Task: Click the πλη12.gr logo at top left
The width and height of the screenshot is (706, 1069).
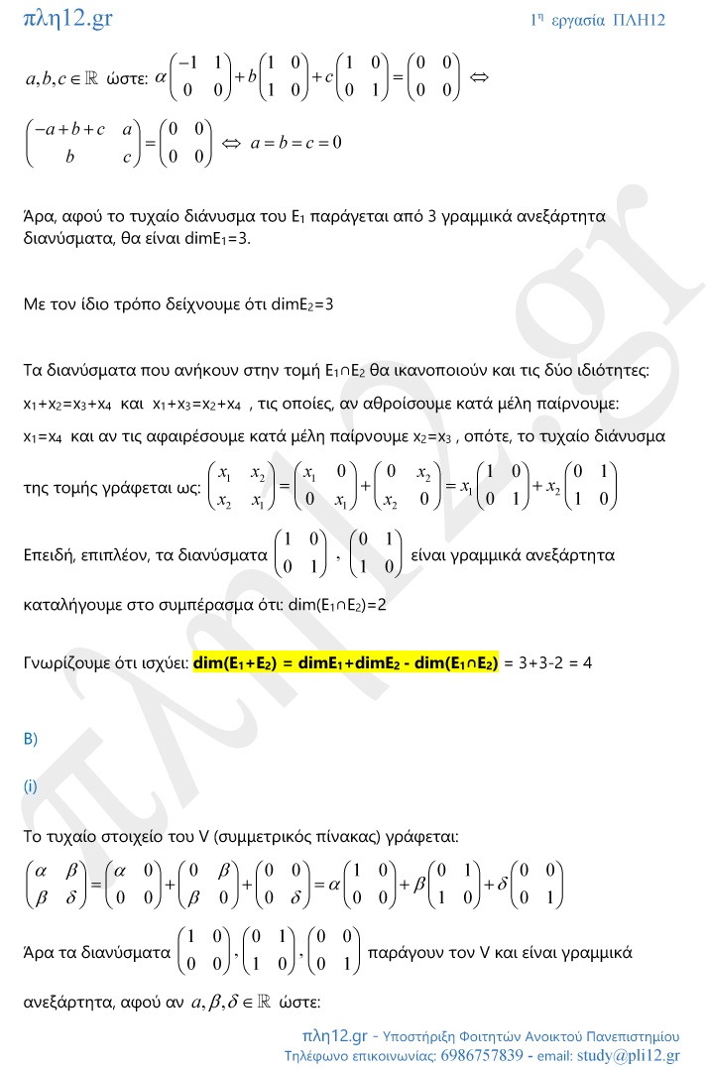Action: (67, 19)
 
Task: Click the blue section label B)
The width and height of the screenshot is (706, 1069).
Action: (30, 739)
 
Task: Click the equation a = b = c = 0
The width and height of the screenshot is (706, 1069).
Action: (294, 143)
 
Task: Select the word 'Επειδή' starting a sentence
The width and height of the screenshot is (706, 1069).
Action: (50, 555)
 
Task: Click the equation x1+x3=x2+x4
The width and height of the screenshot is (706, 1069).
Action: (197, 404)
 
